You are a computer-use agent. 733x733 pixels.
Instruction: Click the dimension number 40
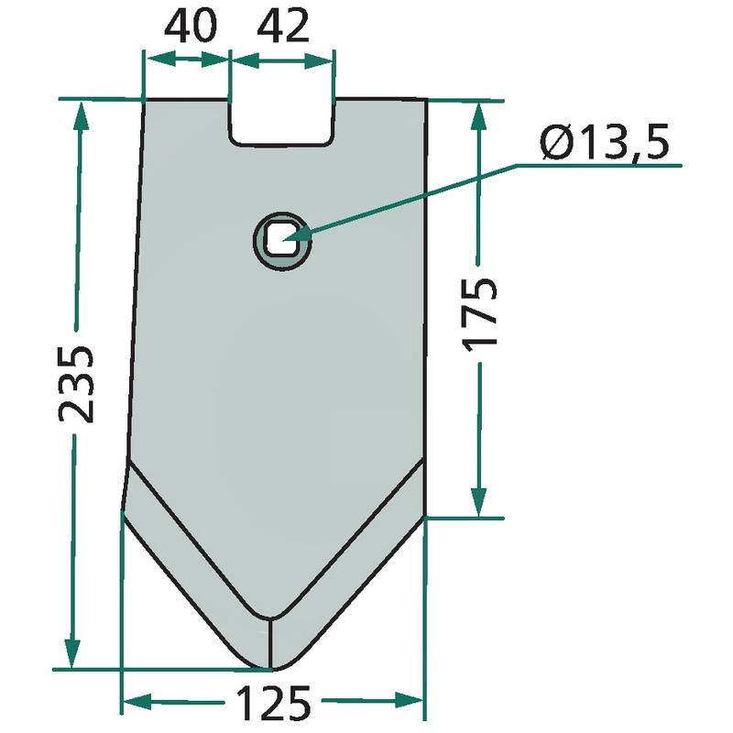click(x=191, y=27)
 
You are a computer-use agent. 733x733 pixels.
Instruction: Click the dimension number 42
click(x=283, y=27)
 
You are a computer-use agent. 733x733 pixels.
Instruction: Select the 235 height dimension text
click(x=76, y=384)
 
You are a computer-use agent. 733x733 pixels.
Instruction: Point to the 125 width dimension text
click(x=273, y=703)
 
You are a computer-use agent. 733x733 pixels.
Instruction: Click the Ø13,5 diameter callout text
click(x=605, y=142)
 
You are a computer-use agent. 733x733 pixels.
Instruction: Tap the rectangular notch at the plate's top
click(x=282, y=123)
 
